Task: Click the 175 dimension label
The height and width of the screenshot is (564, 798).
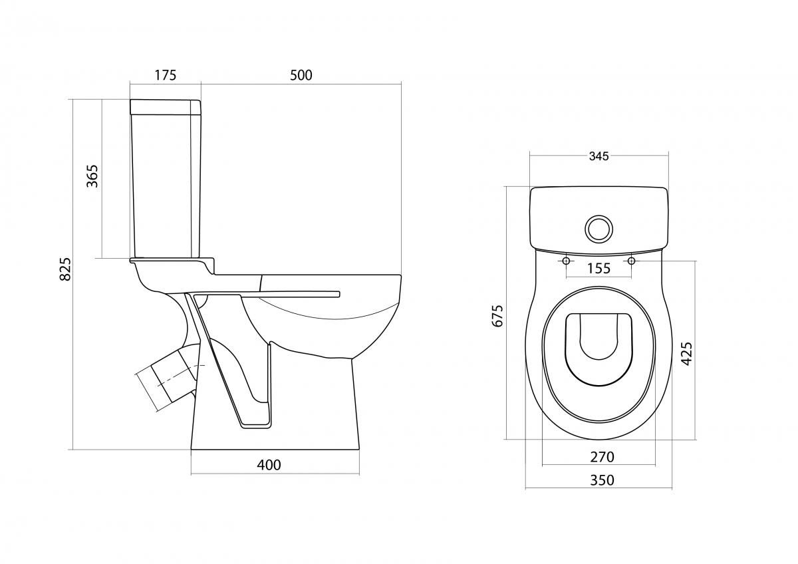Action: (166, 75)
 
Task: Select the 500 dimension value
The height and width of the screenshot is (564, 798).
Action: (301, 75)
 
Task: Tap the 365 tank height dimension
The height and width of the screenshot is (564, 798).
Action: (92, 176)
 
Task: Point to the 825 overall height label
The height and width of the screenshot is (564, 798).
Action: (65, 269)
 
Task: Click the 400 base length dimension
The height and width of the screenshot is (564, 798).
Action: (269, 465)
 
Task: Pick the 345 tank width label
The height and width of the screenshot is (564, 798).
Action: (599, 156)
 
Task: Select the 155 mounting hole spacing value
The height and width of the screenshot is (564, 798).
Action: (599, 268)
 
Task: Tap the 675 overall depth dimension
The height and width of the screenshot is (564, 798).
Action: (497, 316)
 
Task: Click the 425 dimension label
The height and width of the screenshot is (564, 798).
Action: (687, 354)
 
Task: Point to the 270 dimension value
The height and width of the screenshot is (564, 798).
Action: (602, 457)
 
